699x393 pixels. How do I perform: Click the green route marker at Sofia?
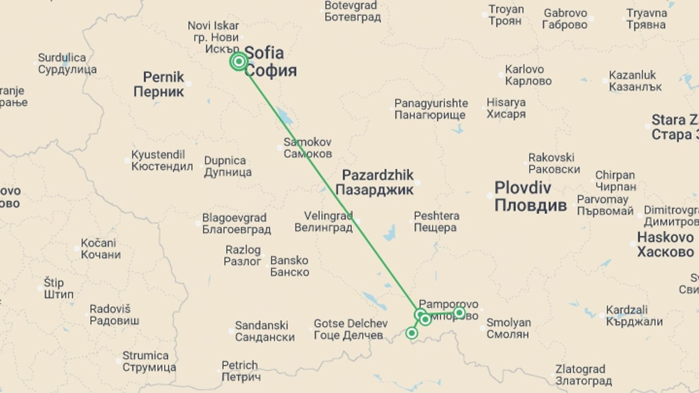click(x=239, y=61)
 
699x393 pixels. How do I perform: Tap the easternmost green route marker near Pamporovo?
click(x=459, y=313)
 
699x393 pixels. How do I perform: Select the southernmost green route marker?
click(x=412, y=333)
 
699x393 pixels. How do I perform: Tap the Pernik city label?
click(x=159, y=84)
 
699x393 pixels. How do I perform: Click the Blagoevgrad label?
click(x=236, y=223)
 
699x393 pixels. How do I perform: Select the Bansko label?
click(x=289, y=266)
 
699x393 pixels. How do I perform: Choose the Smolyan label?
click(x=508, y=328)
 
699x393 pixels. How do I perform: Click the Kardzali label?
click(x=634, y=316)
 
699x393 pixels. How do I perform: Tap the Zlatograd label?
click(x=583, y=375)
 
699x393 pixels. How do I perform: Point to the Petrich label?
click(x=241, y=370)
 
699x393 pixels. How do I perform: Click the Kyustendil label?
click(x=162, y=160)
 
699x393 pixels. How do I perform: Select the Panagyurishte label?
click(x=431, y=109)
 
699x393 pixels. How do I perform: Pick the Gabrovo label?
click(x=565, y=19)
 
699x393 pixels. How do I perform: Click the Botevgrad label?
click(x=352, y=11)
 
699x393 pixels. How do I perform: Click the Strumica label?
click(x=149, y=361)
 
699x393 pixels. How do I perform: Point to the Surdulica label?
click(x=67, y=63)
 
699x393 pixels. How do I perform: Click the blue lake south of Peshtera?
click(x=390, y=233)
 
